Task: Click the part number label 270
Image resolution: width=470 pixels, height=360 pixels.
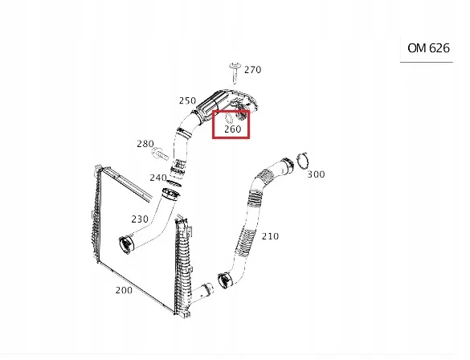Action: [x=252, y=70]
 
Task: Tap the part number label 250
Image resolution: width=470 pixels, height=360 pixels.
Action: [x=187, y=100]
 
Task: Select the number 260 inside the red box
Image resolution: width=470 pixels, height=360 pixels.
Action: [x=232, y=129]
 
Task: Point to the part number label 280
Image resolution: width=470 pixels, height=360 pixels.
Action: [x=145, y=144]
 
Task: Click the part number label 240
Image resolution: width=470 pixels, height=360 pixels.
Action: [x=157, y=178]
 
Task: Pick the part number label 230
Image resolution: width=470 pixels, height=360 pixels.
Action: [x=140, y=218]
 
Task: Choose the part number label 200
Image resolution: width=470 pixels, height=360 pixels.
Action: [x=124, y=290]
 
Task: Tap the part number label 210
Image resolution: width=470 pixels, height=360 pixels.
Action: [x=270, y=236]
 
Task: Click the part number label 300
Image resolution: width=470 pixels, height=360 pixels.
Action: [x=316, y=174]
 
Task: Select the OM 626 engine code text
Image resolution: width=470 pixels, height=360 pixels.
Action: [x=428, y=47]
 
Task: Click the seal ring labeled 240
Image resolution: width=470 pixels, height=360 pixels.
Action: [x=170, y=193]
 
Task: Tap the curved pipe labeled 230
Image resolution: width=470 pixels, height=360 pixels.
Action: [x=153, y=229]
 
